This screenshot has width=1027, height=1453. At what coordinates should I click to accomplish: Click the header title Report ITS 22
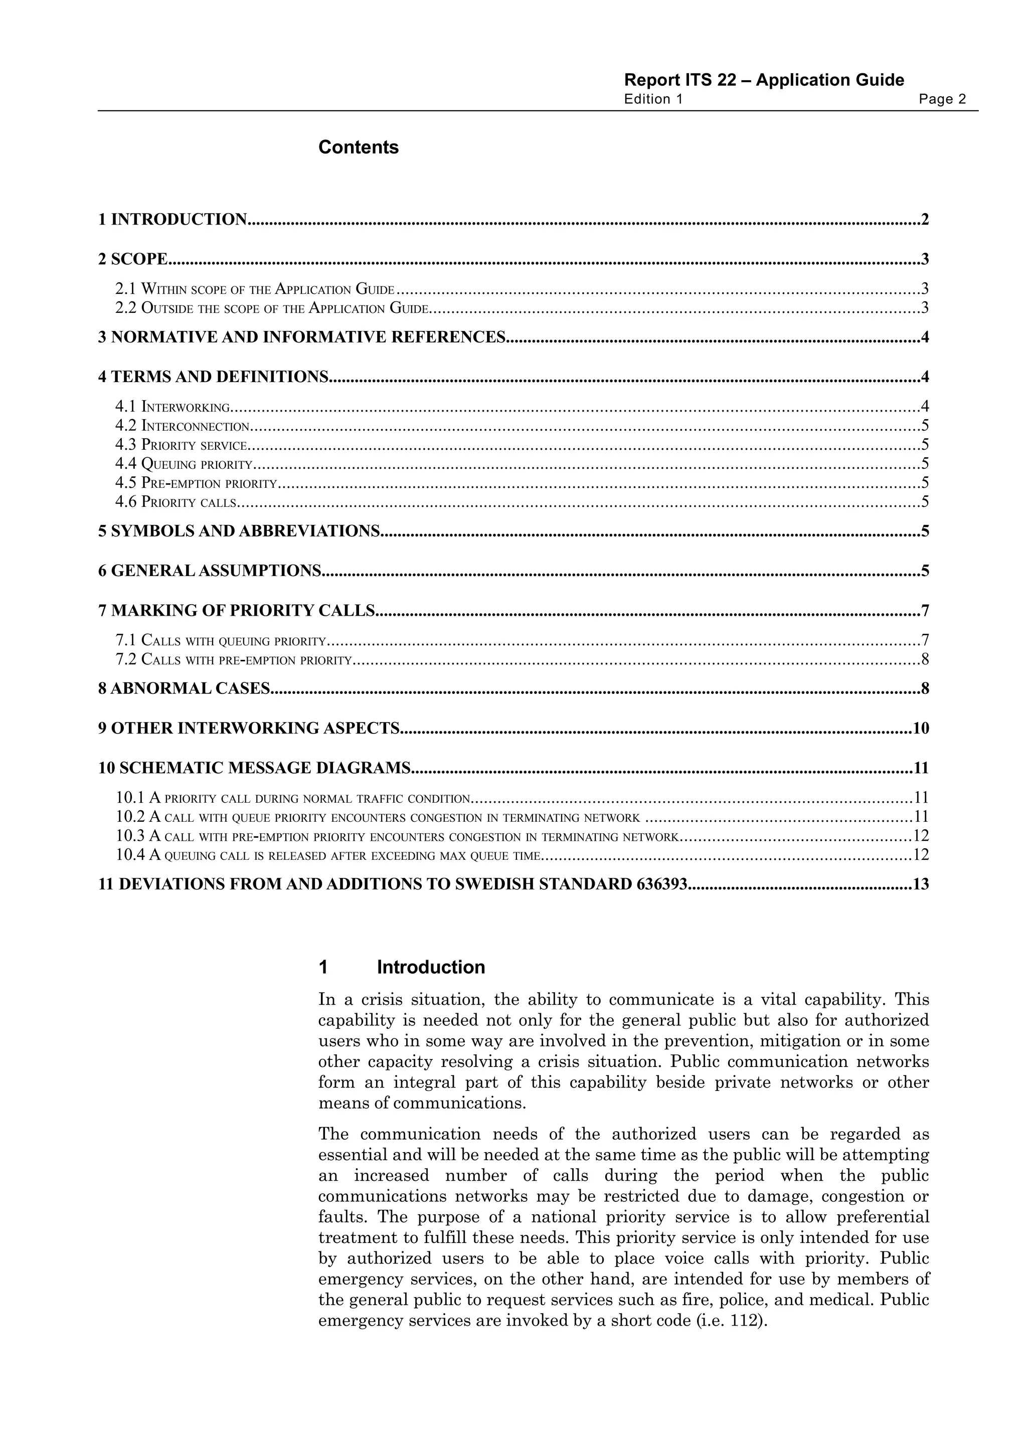[763, 80]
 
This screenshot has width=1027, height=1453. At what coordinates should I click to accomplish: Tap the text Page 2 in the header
[942, 99]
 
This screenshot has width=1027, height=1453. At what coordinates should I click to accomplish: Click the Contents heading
[358, 147]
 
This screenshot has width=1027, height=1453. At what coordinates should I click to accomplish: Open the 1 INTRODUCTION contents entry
[173, 220]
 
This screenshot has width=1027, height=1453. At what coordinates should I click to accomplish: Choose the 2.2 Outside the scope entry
[272, 308]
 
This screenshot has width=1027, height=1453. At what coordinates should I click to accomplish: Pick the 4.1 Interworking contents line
[172, 406]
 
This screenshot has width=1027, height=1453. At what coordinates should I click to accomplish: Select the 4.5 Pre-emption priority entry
[196, 483]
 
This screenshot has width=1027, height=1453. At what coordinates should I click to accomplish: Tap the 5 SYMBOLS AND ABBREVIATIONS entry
[239, 531]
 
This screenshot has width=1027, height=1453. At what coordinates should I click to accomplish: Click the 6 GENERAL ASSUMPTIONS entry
[210, 571]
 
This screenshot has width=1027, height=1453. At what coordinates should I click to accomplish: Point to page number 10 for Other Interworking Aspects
[921, 729]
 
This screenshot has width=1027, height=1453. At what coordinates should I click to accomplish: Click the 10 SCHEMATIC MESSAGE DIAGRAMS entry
[254, 768]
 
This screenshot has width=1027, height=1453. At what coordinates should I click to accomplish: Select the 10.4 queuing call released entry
[328, 855]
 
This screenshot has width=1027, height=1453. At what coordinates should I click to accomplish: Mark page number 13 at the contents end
[921, 884]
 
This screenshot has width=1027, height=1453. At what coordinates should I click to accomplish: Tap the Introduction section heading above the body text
[430, 967]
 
